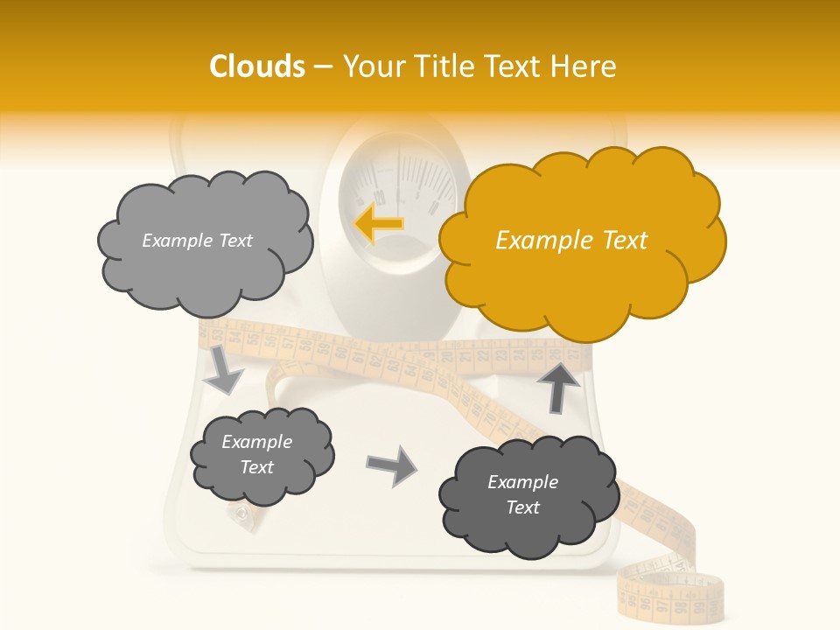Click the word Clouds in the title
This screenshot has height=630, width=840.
(x=256, y=66)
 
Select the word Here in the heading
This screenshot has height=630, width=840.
(x=586, y=66)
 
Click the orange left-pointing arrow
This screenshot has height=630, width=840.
(x=379, y=224)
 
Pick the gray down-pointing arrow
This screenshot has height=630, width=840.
(x=224, y=371)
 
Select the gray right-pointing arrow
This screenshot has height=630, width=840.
(x=391, y=465)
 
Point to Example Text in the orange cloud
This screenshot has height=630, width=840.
(x=571, y=241)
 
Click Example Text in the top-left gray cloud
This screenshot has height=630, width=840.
(x=197, y=241)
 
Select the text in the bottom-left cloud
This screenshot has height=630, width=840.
(x=257, y=454)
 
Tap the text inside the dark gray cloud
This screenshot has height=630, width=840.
(x=522, y=494)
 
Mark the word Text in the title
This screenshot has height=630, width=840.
(x=518, y=66)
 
